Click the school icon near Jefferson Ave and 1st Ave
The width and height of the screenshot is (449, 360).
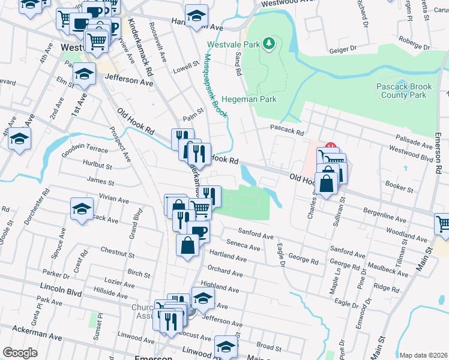(x=85, y=74)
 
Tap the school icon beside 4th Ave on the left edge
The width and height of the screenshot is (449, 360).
(x=20, y=139)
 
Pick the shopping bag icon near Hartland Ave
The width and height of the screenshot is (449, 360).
(x=188, y=244)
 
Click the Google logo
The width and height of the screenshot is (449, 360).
(x=20, y=352)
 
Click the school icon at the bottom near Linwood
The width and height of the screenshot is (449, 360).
(x=226, y=347)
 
